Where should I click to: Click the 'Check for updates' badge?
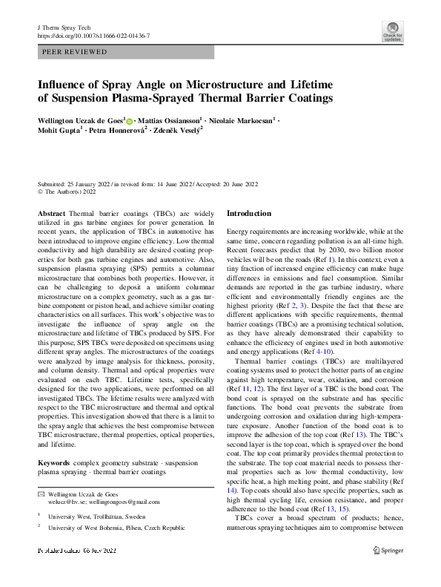click(x=392, y=31)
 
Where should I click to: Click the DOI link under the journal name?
click(x=93, y=36)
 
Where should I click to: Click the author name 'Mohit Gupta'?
click(x=59, y=131)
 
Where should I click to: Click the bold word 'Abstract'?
click(x=52, y=213)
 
